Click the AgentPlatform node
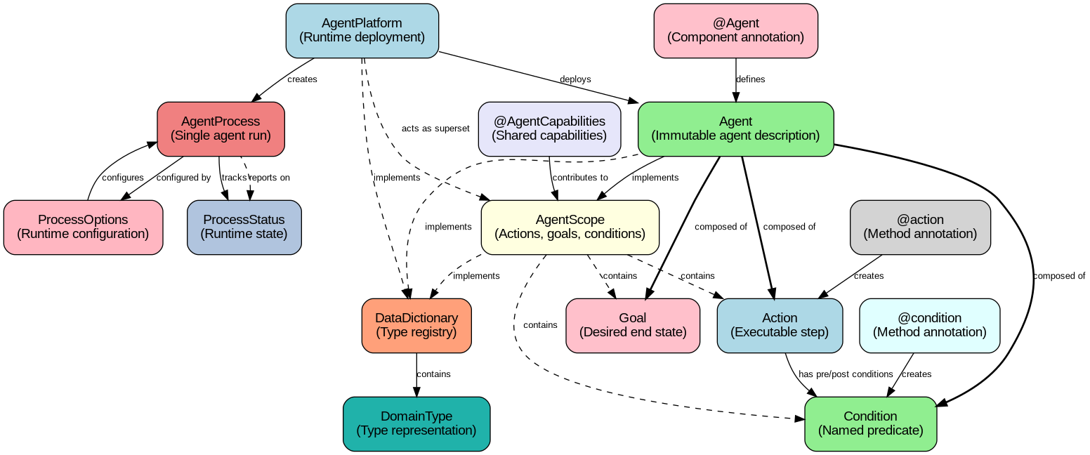[362, 30]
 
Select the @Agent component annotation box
[735, 30]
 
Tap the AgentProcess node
[221, 128]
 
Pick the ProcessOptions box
[83, 227]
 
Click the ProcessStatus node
[244, 227]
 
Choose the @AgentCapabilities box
[549, 128]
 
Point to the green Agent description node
[735, 128]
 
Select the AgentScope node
[570, 227]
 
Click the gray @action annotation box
[920, 227]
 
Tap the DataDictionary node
[416, 325]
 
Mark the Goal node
[633, 325]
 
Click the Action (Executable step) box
[780, 325]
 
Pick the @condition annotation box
[929, 325]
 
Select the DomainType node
[416, 423]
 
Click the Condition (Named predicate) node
[870, 423]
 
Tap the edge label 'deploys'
[575, 79]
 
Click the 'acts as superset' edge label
[435, 129]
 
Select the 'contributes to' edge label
[580, 178]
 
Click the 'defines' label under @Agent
[750, 79]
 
